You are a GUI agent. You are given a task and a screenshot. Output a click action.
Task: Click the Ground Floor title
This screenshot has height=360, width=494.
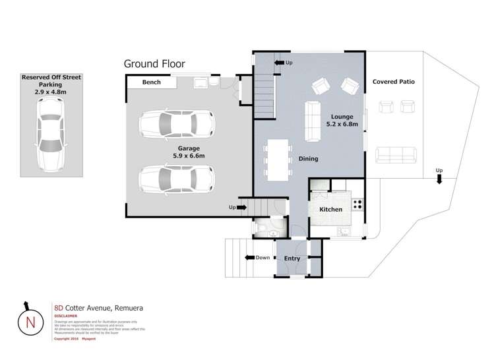click(154, 64)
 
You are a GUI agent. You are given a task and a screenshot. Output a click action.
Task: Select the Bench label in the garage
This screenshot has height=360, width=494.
click(152, 83)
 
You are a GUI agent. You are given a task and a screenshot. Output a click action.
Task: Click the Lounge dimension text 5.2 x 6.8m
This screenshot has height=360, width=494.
click(342, 123)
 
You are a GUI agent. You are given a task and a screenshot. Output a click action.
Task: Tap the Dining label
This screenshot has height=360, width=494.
click(308, 159)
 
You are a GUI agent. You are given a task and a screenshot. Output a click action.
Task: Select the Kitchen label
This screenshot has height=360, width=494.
click(330, 209)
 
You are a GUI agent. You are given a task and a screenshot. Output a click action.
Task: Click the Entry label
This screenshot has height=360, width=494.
click(292, 258)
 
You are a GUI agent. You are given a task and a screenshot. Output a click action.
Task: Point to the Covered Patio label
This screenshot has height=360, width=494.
click(393, 82)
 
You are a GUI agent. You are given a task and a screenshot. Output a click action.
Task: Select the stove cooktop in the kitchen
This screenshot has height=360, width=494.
click(357, 204)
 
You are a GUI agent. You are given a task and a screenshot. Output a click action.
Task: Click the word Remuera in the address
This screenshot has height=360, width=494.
click(129, 308)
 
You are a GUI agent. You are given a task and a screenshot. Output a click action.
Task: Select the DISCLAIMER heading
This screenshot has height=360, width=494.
click(66, 316)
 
